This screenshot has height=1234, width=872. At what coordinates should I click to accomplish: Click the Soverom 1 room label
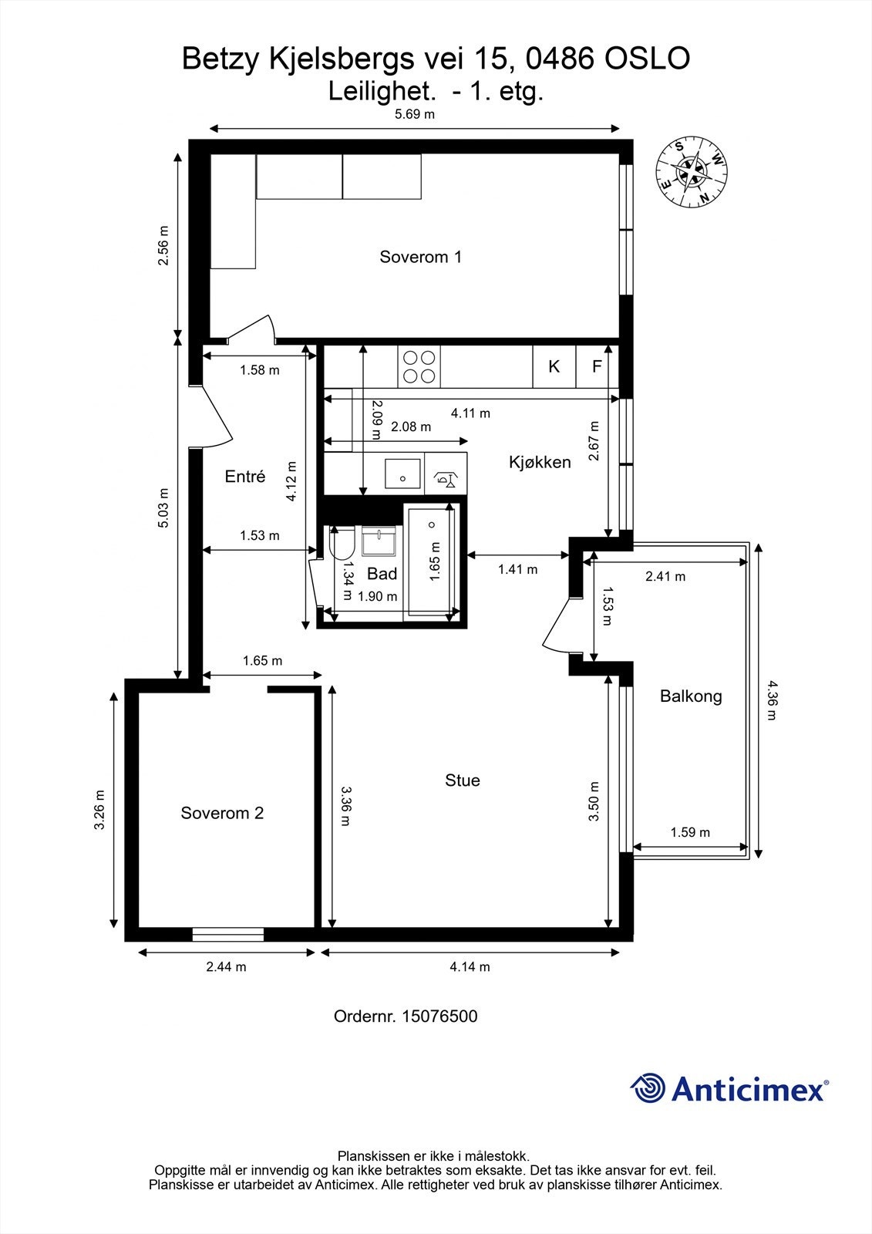point(420,257)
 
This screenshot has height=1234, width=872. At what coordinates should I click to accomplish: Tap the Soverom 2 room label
point(222,813)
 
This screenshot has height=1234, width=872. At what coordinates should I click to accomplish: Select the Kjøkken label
point(539,462)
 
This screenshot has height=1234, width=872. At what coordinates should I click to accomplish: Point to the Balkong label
point(691,696)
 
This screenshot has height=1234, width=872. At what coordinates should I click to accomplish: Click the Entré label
point(245,476)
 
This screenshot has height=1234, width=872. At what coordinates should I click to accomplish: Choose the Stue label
point(462,780)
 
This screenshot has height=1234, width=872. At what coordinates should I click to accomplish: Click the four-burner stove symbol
point(419,367)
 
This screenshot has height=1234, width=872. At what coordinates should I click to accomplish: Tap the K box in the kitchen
point(554,366)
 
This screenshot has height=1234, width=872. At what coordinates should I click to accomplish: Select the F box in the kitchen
point(597,366)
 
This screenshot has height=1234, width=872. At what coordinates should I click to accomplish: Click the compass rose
point(692,172)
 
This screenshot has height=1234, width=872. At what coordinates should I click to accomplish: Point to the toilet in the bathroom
point(341,543)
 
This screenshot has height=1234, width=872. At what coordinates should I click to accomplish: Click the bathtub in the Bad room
point(431,562)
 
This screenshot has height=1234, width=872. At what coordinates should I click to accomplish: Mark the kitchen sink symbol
point(402,474)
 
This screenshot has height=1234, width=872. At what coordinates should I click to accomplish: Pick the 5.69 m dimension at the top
point(414,115)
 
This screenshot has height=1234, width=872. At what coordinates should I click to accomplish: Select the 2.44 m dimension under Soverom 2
point(226,967)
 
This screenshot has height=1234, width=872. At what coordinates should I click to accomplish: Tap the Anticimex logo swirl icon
point(647,1088)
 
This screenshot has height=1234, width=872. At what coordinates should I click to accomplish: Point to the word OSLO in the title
point(648,59)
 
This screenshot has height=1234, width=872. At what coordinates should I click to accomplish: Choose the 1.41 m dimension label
point(518,570)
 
